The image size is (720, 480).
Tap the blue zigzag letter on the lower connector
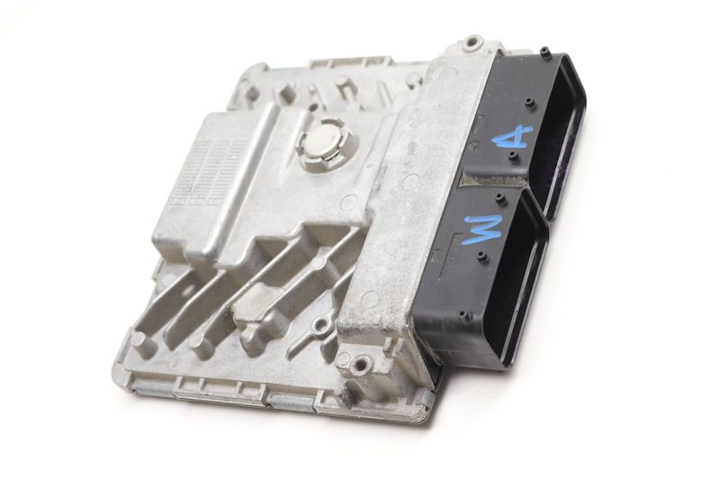(484, 231)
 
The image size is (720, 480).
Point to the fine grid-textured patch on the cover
(211, 171)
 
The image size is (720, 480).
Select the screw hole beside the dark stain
(362, 364)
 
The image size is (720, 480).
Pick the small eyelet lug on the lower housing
(320, 327)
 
